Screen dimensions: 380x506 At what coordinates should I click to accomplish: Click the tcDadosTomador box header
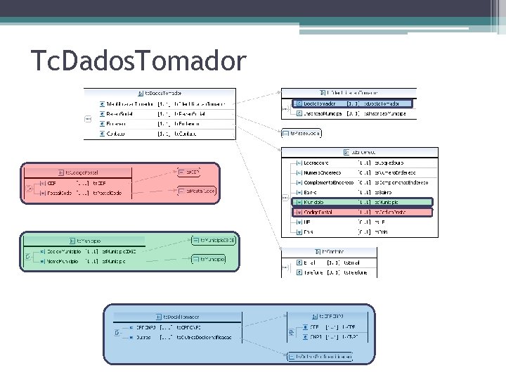160,92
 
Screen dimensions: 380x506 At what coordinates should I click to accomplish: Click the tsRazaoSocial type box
301,132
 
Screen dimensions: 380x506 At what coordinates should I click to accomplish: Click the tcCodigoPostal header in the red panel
82,172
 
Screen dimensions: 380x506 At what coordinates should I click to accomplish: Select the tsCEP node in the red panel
190,171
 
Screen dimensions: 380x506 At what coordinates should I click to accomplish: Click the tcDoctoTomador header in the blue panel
180,317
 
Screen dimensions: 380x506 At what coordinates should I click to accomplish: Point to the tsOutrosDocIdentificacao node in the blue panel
320,357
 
